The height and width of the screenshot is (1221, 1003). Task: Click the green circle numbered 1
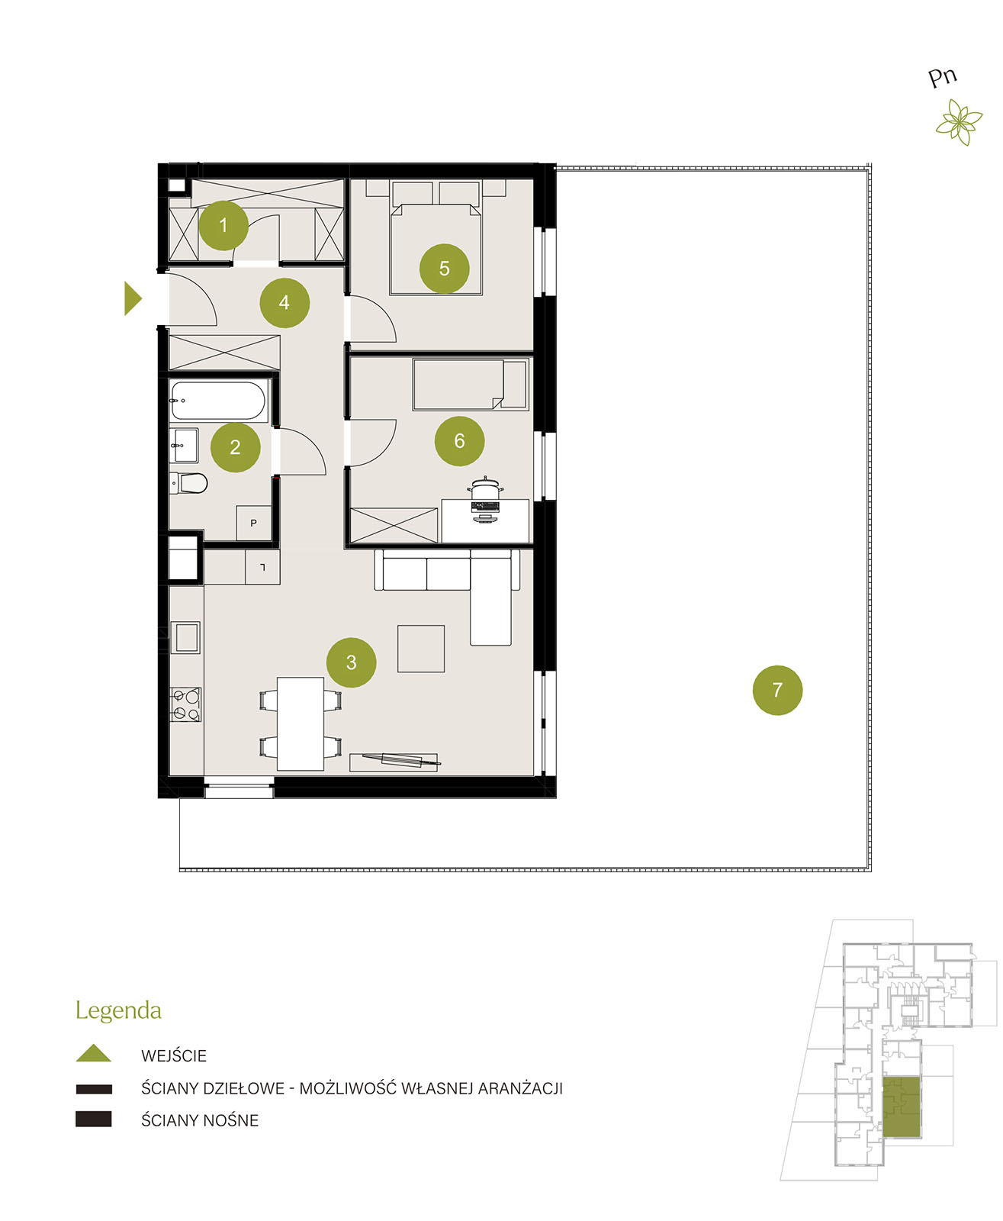point(223,225)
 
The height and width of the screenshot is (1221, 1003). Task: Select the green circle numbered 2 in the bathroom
point(235,447)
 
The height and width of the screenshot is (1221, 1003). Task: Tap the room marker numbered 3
point(352,662)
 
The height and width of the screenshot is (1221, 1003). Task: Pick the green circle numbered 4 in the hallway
point(285,302)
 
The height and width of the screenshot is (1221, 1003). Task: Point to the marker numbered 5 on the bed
point(445,268)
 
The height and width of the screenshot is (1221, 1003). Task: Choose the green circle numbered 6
point(459,440)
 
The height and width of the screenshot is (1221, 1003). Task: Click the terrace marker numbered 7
point(777,690)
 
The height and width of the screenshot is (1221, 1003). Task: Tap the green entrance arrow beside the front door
point(133,298)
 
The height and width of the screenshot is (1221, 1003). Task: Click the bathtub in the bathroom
point(219,400)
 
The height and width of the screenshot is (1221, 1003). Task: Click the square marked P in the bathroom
point(253,524)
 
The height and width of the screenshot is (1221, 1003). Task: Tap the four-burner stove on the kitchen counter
point(185,704)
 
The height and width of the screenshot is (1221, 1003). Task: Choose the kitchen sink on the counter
point(186,637)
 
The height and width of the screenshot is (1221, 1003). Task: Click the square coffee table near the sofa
point(421,649)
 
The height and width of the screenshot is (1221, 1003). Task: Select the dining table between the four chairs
point(301,723)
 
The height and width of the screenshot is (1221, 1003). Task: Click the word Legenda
point(119,1011)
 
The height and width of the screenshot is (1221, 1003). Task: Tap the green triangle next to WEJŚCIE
point(93,1053)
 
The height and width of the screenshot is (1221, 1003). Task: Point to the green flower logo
point(959,122)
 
